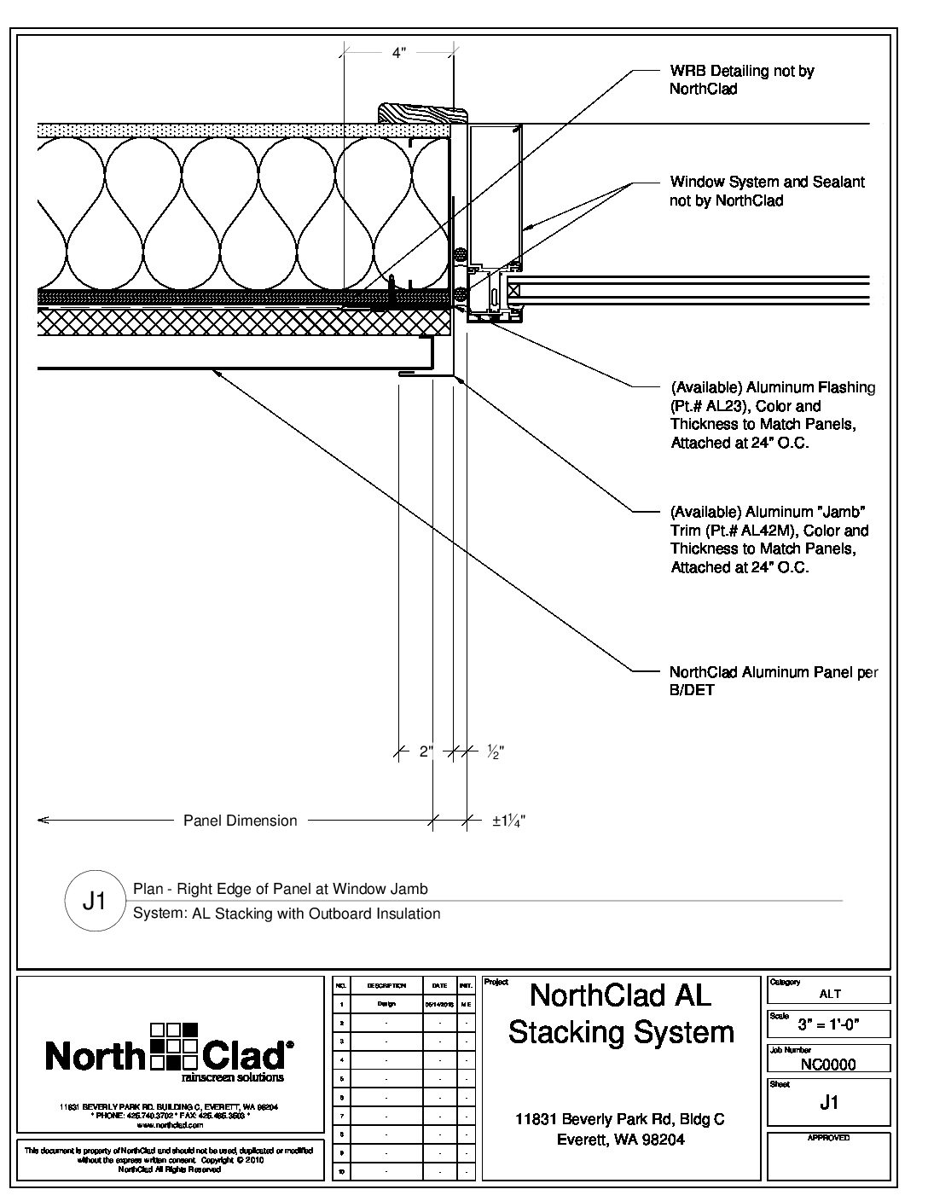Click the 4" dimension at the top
click(399, 53)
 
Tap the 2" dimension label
click(426, 752)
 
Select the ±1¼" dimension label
click(508, 821)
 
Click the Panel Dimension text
click(241, 821)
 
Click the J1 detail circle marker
click(94, 901)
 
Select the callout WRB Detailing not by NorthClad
click(741, 79)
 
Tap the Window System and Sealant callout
click(767, 191)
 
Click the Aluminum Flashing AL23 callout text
click(772, 415)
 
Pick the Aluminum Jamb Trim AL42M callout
click(768, 539)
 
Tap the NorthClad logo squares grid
click(173, 1047)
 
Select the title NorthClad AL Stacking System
click(621, 1013)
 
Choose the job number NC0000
click(828, 1064)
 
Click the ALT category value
click(829, 993)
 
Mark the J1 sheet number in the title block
click(828, 1102)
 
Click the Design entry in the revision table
click(386, 1004)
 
